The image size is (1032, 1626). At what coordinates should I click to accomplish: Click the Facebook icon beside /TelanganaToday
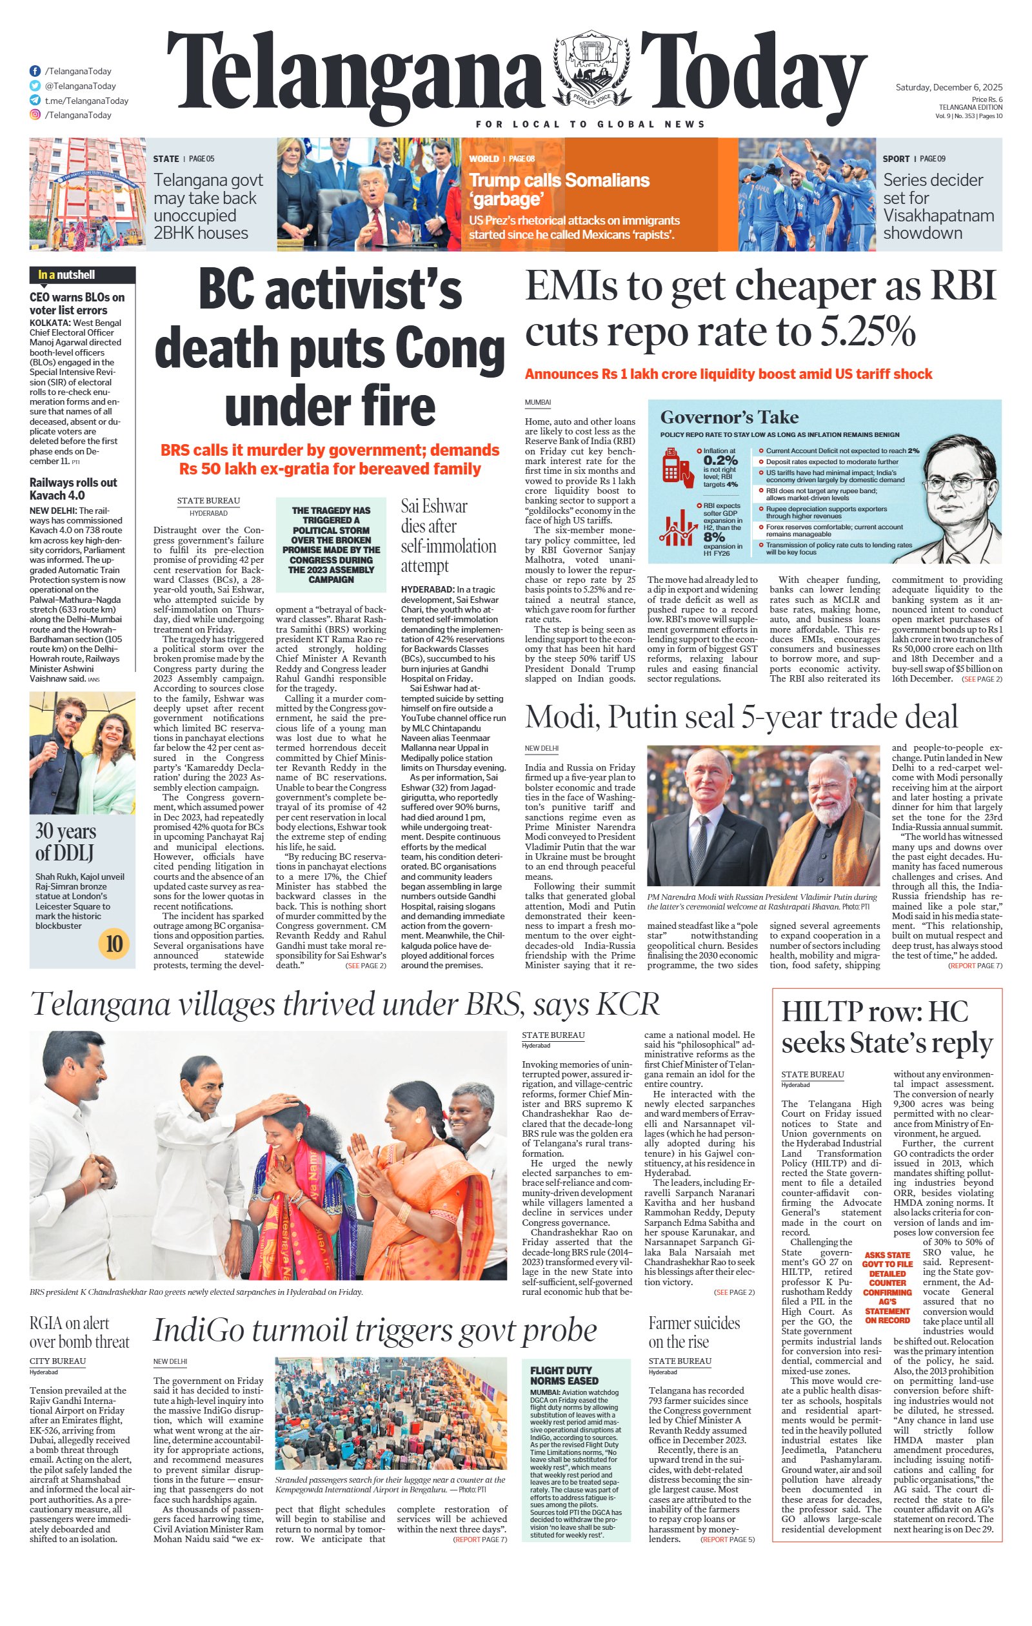coord(34,71)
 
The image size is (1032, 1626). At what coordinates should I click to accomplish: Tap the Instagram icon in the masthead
coord(34,115)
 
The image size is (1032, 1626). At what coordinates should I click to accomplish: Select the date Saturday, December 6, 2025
coord(948,87)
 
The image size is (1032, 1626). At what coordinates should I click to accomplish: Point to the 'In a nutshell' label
coord(66,275)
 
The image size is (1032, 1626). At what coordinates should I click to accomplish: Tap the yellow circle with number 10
coord(114,942)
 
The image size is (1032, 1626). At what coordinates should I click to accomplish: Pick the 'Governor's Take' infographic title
coord(729,417)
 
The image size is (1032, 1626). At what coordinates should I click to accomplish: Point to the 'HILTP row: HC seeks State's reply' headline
coord(886,1027)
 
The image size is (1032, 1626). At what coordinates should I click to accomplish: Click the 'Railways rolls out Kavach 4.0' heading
coord(73,488)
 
